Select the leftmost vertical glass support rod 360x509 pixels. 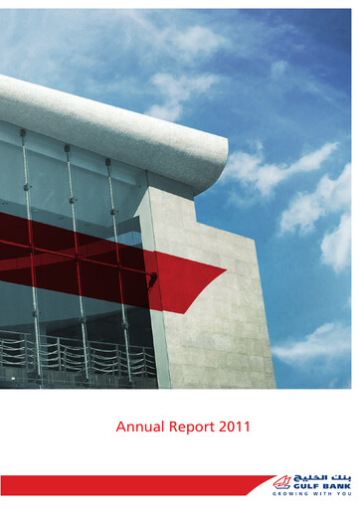click(x=28, y=249)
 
